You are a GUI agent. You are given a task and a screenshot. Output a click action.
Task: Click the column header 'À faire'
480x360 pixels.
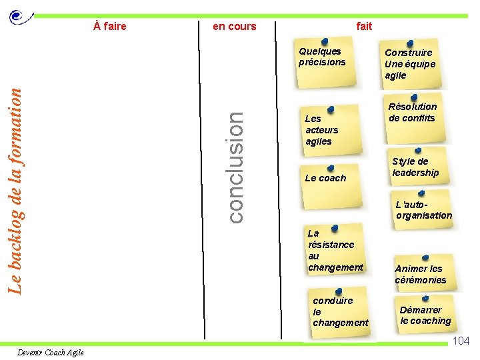tap(110, 27)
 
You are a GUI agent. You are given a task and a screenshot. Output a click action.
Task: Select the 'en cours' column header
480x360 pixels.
tap(234, 27)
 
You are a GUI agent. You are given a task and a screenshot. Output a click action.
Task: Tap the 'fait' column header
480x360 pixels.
tap(364, 27)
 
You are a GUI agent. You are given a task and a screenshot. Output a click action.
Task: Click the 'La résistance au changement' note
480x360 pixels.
tap(335, 251)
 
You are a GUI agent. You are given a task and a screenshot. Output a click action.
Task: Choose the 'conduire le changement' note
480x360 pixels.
tap(340, 311)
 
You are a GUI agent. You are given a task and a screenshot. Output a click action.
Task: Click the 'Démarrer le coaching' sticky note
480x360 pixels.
tap(425, 315)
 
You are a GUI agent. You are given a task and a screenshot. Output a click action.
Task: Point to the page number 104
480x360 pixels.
tap(461, 341)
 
